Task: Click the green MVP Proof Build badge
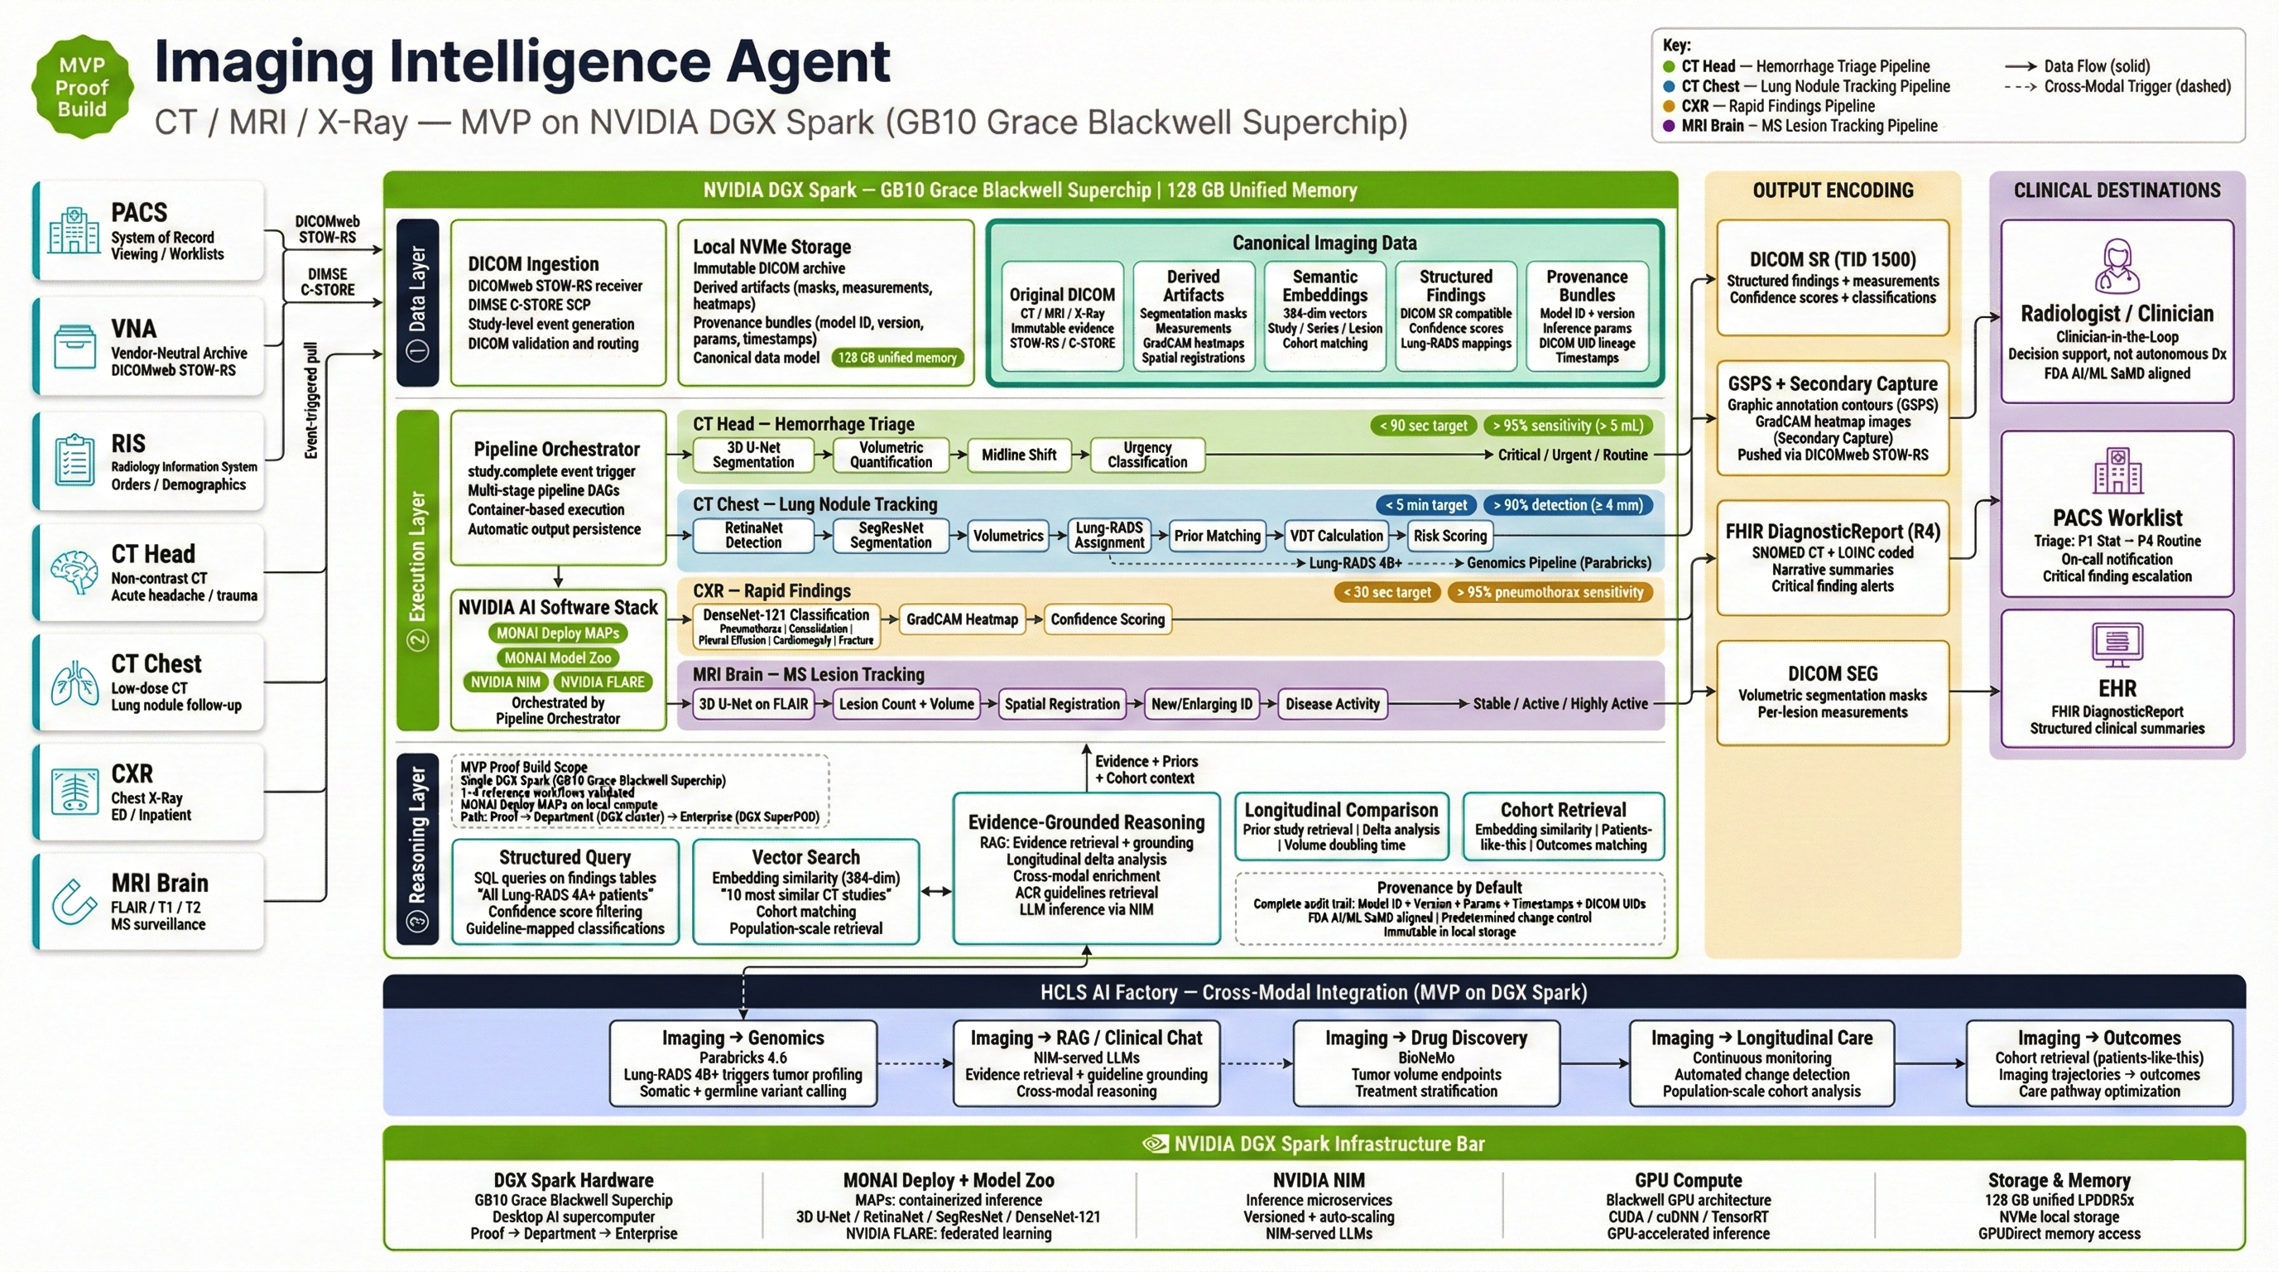click(x=81, y=87)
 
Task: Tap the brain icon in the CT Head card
click(x=74, y=572)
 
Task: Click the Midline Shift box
click(x=1018, y=455)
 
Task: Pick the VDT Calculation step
click(x=1335, y=535)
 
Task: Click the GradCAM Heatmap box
click(x=961, y=619)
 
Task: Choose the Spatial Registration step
click(x=1061, y=704)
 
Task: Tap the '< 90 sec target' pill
click(x=1423, y=426)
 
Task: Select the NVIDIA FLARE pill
click(x=603, y=682)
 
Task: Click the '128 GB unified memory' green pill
click(x=896, y=358)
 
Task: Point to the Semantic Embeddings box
click(x=1324, y=316)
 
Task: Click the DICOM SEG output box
click(x=1833, y=692)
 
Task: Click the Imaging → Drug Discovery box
click(x=1425, y=1063)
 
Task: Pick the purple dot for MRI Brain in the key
click(x=1669, y=126)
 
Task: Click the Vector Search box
click(x=805, y=892)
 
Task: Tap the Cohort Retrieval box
click(x=1563, y=826)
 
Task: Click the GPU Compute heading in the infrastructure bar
click(x=1687, y=1180)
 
